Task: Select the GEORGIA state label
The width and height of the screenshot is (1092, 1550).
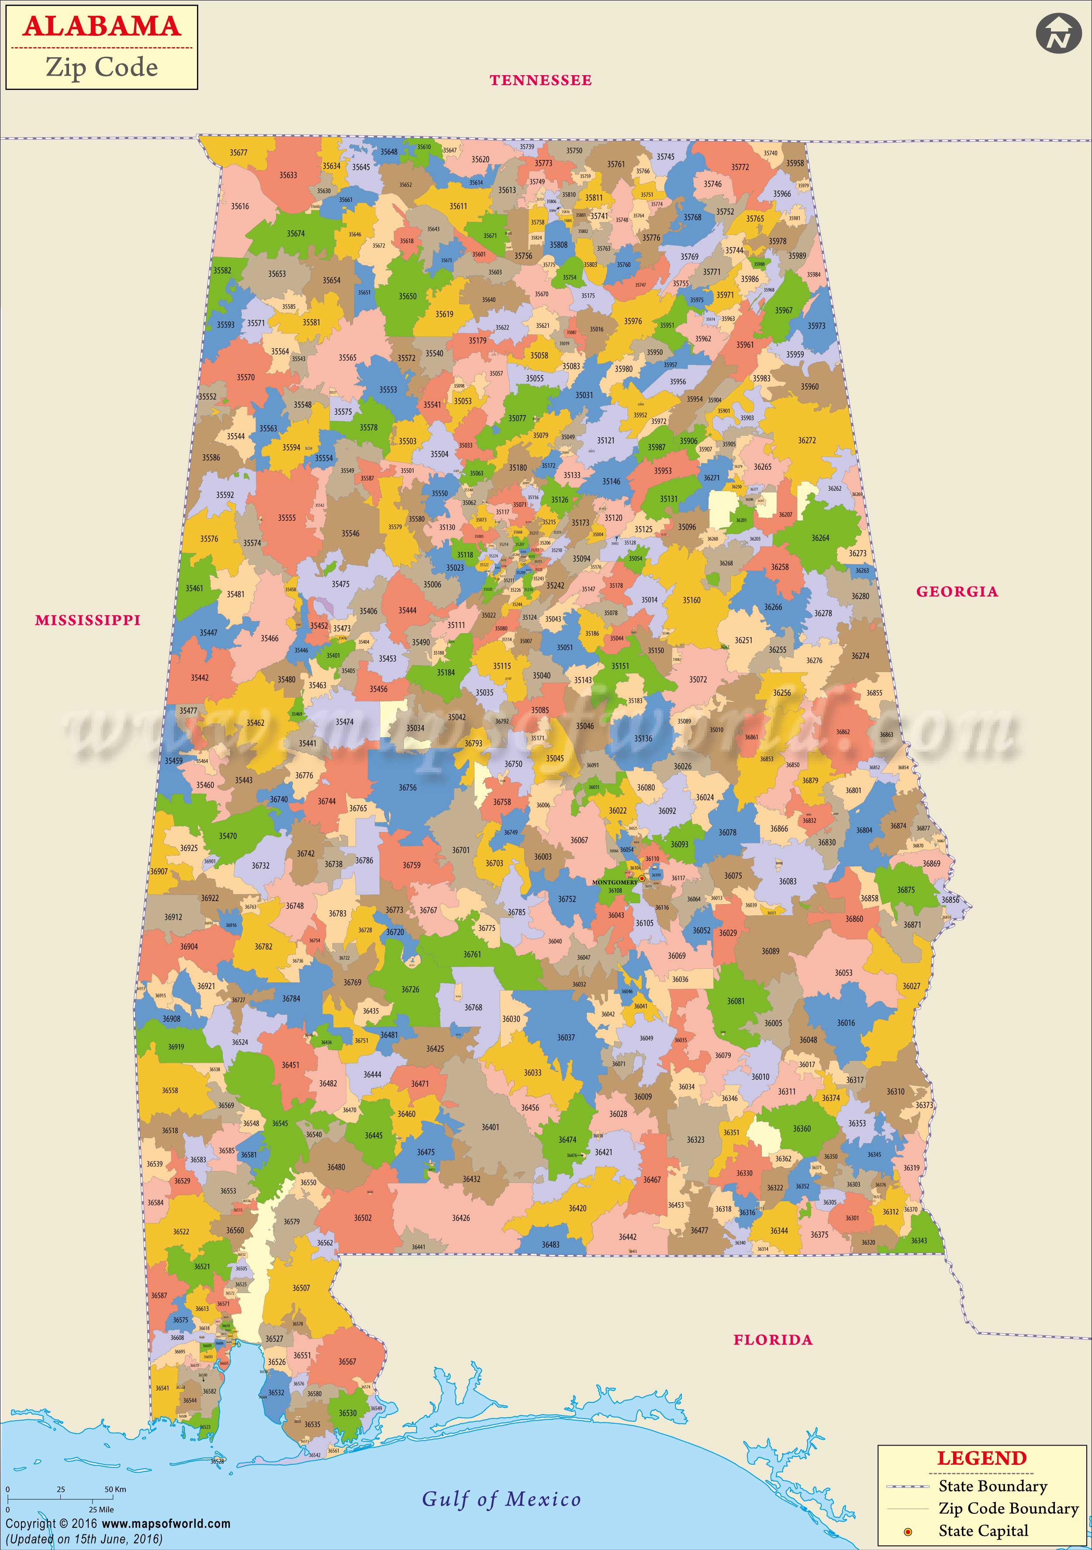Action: tap(956, 591)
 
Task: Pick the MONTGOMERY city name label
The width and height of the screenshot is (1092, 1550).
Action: tap(614, 882)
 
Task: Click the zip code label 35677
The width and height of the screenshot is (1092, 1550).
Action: tap(238, 153)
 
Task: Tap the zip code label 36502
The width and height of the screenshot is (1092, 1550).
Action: tap(363, 1218)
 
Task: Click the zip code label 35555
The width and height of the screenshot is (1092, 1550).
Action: tap(287, 518)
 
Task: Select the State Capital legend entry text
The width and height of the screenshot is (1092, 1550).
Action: tap(983, 1531)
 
